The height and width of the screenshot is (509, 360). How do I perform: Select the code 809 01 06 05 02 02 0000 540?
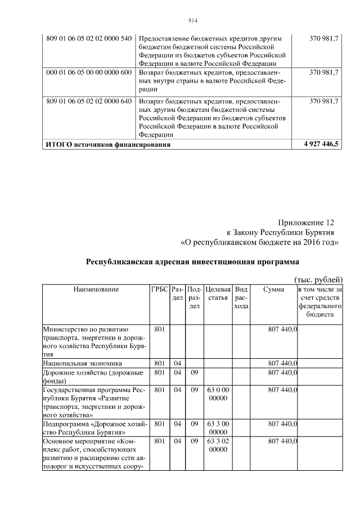[89, 38]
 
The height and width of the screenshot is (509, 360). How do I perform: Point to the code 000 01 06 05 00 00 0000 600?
[89, 73]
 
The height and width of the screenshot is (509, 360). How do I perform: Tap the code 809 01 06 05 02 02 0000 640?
[89, 102]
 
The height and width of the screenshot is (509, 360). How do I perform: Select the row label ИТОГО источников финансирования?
[107, 145]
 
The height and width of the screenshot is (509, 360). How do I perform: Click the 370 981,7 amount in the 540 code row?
[324, 38]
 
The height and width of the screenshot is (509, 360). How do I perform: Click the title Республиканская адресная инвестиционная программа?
[192, 262]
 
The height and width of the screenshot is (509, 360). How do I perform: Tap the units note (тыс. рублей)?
[318, 280]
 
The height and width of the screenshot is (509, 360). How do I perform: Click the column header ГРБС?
[159, 289]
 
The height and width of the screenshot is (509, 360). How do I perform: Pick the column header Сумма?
[273, 289]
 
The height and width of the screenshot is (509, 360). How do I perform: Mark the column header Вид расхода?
[241, 298]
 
